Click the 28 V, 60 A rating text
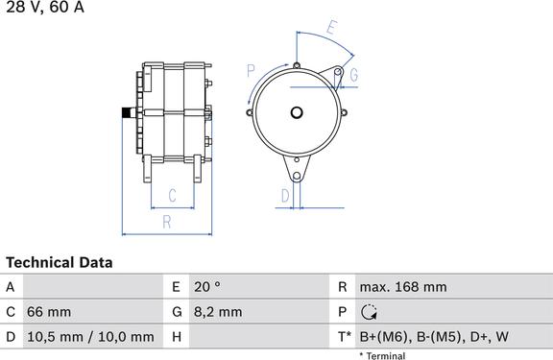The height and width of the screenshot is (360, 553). coord(45,7)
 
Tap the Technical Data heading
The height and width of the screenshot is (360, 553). coord(60,263)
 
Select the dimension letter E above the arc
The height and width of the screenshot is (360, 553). coord(331,27)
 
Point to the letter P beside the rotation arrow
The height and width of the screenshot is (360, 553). coord(251,71)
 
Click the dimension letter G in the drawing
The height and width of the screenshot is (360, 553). coord(353,75)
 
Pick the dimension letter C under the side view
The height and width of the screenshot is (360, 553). coord(172,195)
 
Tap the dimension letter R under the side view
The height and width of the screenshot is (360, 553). coord(167,222)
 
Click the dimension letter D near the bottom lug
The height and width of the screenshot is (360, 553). coord(285,196)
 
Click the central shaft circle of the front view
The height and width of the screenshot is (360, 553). coord(297,113)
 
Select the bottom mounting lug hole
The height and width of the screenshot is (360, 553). coord(297,176)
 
